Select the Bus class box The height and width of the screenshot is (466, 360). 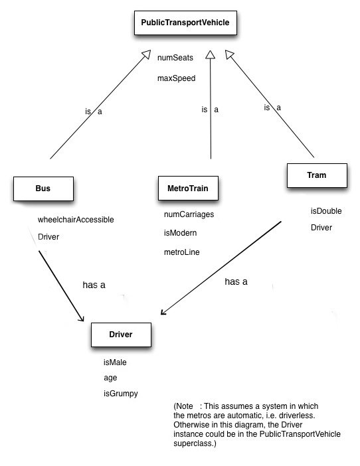43,189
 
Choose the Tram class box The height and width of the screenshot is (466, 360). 317,176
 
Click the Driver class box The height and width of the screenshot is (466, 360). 121,335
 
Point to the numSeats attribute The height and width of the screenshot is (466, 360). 175,58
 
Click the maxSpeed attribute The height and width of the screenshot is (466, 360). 176,78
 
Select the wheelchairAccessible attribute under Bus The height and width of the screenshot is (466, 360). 76,219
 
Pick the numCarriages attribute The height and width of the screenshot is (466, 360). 189,214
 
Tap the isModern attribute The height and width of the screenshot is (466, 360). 180,233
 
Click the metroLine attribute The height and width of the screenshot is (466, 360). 181,252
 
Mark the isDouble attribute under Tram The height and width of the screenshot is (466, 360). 326,211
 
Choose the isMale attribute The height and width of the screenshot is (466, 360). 114,362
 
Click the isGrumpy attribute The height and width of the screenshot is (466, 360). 120,394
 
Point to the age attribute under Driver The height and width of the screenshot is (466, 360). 110,378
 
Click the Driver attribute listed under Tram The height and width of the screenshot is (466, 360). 322,228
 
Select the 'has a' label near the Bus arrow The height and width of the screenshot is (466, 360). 94,285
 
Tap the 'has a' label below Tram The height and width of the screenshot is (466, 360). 236,281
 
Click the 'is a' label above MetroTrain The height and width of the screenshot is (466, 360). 210,110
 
